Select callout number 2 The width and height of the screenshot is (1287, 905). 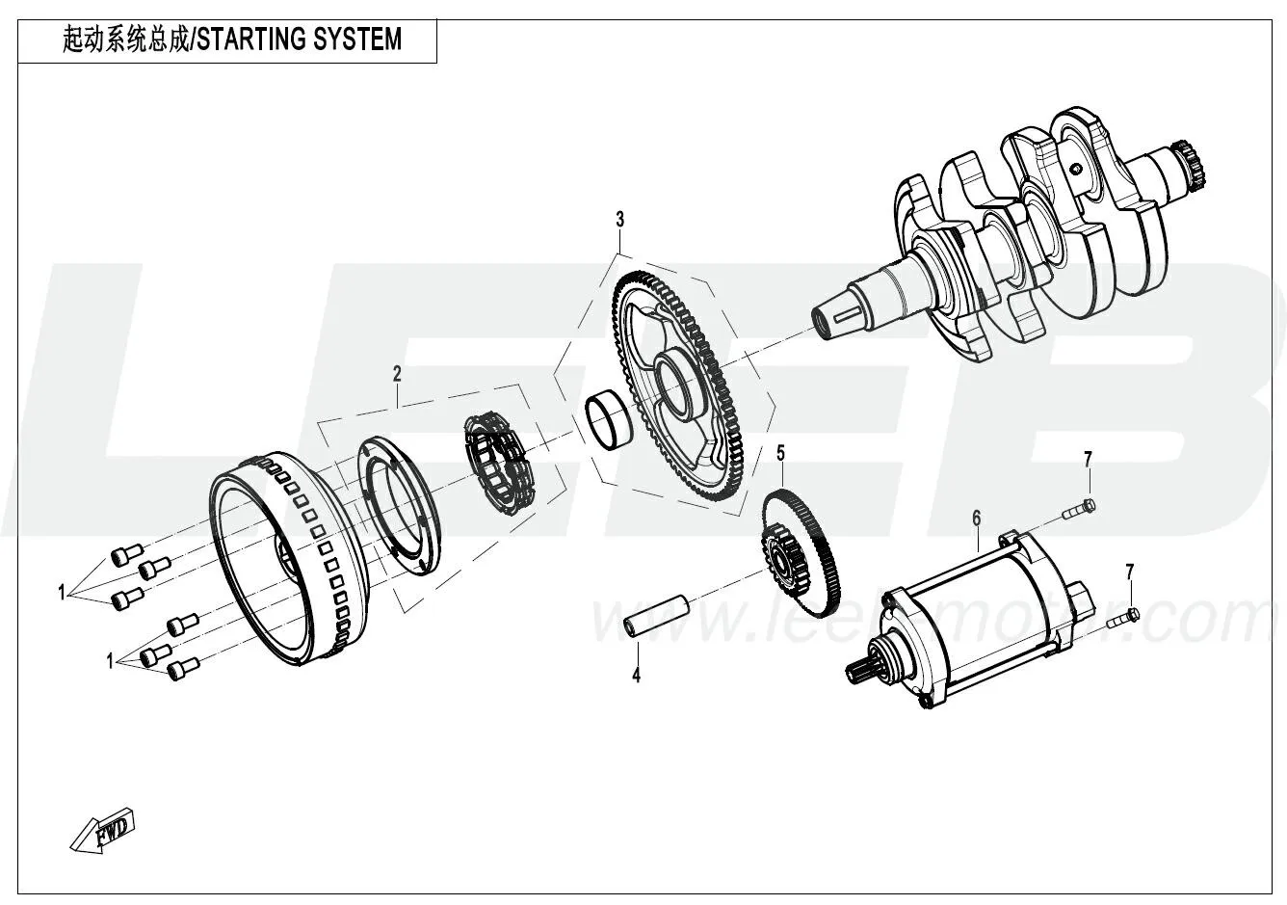pos(396,373)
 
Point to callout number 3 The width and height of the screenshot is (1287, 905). pos(620,220)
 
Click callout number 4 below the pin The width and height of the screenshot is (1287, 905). pos(636,676)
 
